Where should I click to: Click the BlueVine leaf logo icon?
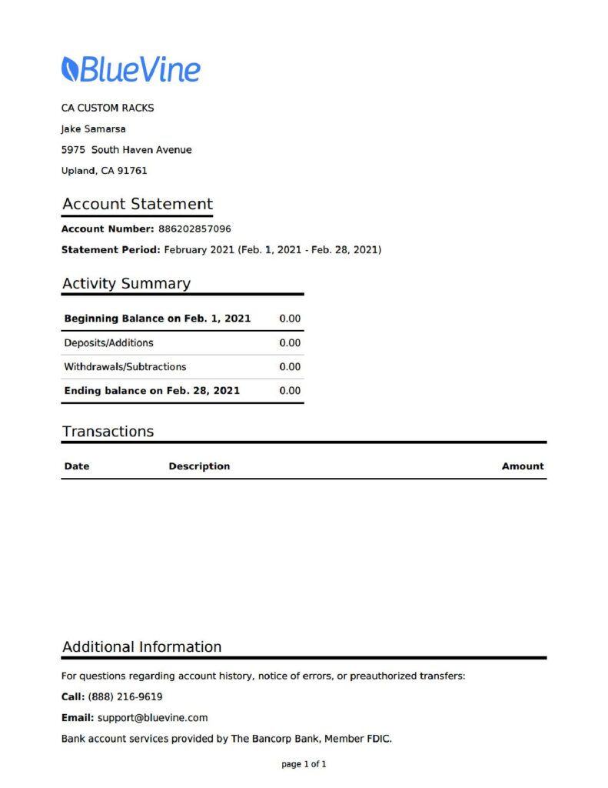click(x=69, y=68)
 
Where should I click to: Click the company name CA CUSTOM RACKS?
click(x=108, y=108)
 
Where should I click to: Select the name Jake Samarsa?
click(x=94, y=129)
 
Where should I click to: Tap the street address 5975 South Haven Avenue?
click(x=127, y=149)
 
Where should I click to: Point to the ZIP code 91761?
click(x=132, y=170)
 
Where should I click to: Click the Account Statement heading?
click(x=137, y=204)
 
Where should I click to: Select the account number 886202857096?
click(x=194, y=229)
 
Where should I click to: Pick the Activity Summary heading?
click(x=126, y=283)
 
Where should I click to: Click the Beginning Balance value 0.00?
click(x=290, y=318)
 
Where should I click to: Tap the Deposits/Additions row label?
click(x=108, y=342)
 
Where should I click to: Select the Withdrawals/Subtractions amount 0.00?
click(x=290, y=366)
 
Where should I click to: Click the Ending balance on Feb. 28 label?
click(x=151, y=390)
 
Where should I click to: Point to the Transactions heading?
click(x=108, y=431)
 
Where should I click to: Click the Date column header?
click(x=77, y=466)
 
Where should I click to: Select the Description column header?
click(x=199, y=466)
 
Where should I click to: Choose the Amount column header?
click(x=523, y=466)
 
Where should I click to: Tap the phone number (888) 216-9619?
click(x=125, y=696)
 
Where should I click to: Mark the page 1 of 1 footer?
click(x=304, y=764)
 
